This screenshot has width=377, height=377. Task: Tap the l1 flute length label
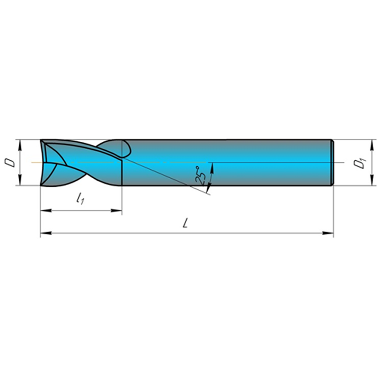tap(80, 198)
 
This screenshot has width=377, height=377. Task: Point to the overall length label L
tap(185, 224)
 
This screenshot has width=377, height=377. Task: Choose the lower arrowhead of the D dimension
tap(20, 180)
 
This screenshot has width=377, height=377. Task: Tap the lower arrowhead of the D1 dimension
tap(372, 180)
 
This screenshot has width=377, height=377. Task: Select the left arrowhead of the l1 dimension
tap(46, 211)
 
